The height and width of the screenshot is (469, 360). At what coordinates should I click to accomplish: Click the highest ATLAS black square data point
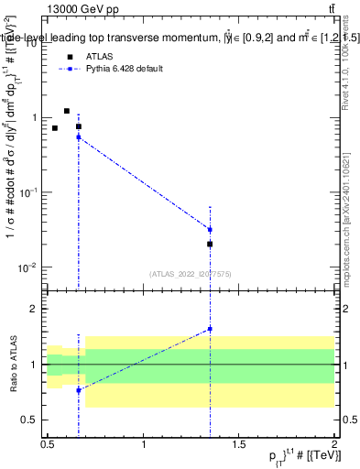tap(66, 111)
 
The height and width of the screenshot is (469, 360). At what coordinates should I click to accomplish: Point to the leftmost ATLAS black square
tap(55, 128)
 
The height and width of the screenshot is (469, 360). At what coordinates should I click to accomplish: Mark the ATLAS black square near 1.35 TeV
tap(211, 244)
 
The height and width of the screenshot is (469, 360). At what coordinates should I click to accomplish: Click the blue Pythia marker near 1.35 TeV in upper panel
tap(211, 230)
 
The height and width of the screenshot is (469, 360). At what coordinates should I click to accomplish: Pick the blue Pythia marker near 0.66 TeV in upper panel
tap(79, 136)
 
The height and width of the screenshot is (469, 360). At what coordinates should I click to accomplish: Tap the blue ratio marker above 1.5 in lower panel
tap(211, 329)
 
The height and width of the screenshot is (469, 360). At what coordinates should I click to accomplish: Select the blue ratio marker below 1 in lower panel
tap(79, 390)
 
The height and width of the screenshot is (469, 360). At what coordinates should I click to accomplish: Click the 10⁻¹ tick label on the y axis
tap(27, 192)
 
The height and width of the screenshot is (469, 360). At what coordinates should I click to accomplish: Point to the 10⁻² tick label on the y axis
tap(27, 267)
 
